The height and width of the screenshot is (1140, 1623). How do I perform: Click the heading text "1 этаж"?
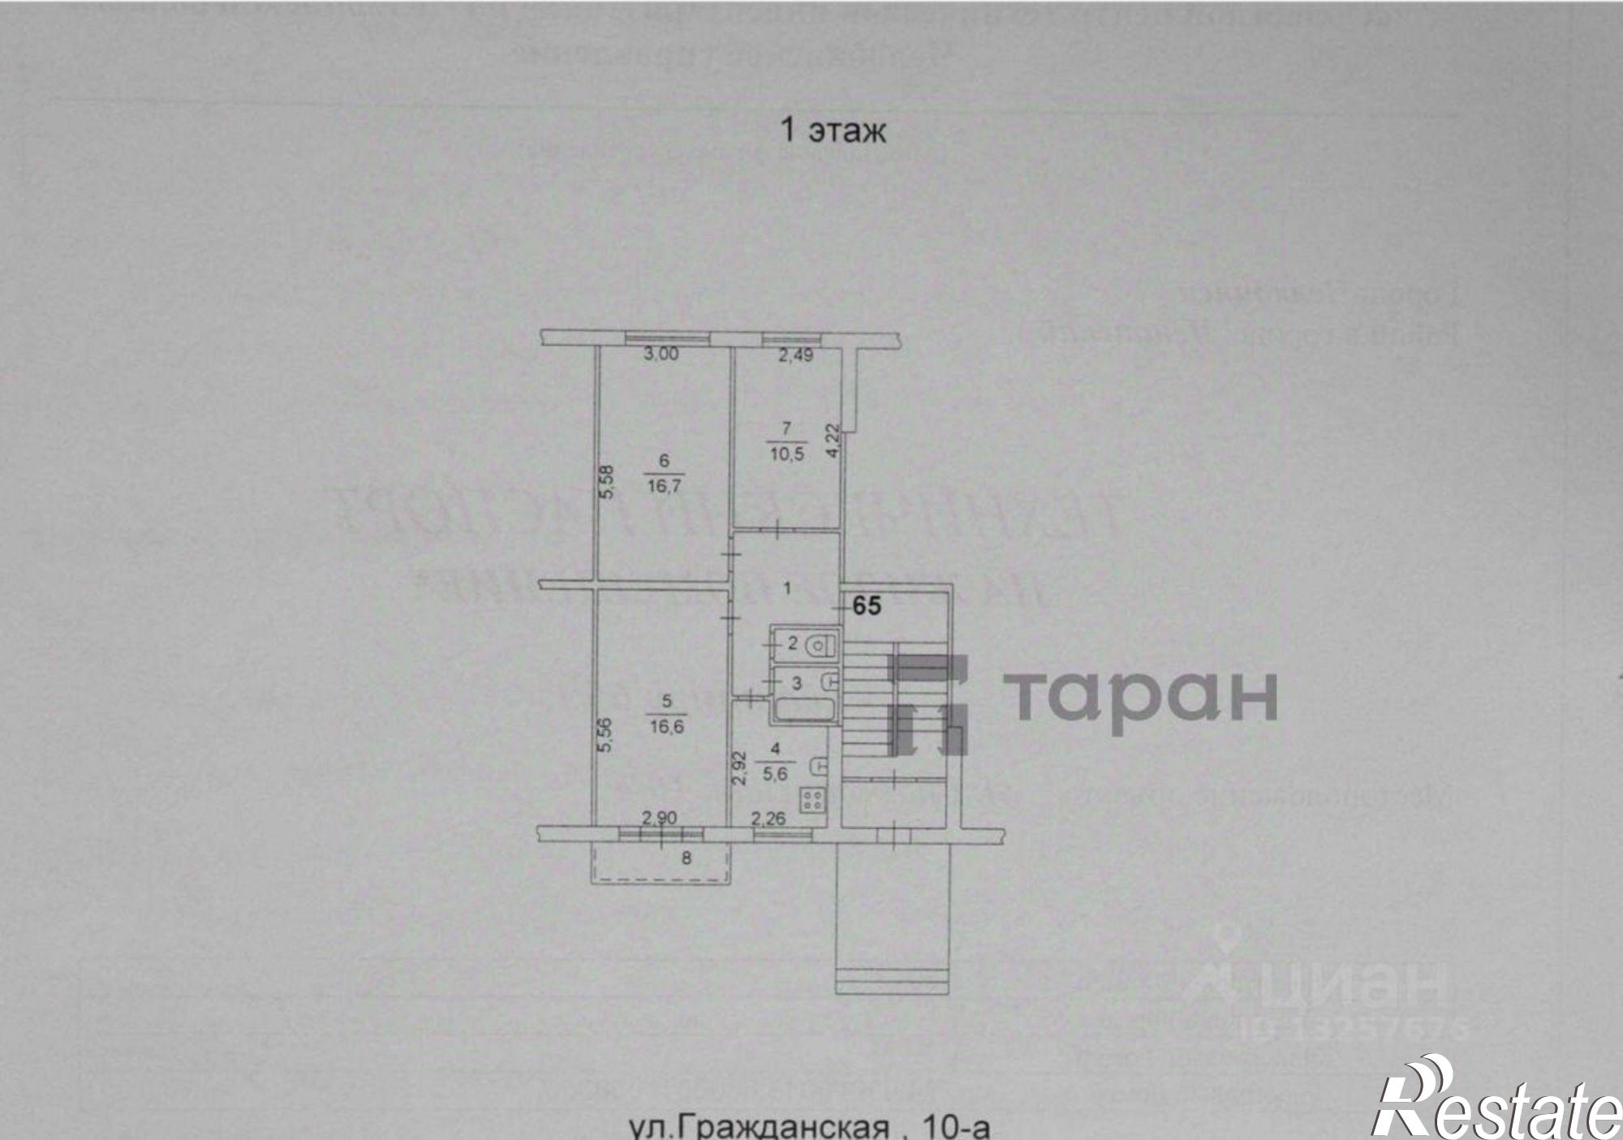coord(833,131)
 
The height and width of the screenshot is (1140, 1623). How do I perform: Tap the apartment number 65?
coord(867,605)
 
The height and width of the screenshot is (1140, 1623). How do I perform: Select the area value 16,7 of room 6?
coord(664,486)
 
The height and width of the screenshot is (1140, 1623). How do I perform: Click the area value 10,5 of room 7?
coord(786,454)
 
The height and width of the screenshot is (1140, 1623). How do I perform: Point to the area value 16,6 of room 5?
coord(666,725)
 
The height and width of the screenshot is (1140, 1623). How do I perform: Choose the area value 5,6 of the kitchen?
coord(776,773)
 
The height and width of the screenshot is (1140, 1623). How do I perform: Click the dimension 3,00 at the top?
coord(661,354)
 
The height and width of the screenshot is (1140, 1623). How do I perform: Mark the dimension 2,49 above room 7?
coord(795,355)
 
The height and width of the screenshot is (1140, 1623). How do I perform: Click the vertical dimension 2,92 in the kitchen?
coord(739,768)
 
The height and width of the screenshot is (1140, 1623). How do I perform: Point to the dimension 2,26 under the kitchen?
coord(768,818)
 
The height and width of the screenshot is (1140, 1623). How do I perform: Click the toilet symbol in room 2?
coord(822,645)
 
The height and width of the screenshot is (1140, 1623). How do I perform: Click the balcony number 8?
coord(687,857)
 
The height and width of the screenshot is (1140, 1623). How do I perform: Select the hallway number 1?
coord(786,588)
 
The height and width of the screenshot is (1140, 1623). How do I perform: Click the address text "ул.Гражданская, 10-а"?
coord(810,1127)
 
